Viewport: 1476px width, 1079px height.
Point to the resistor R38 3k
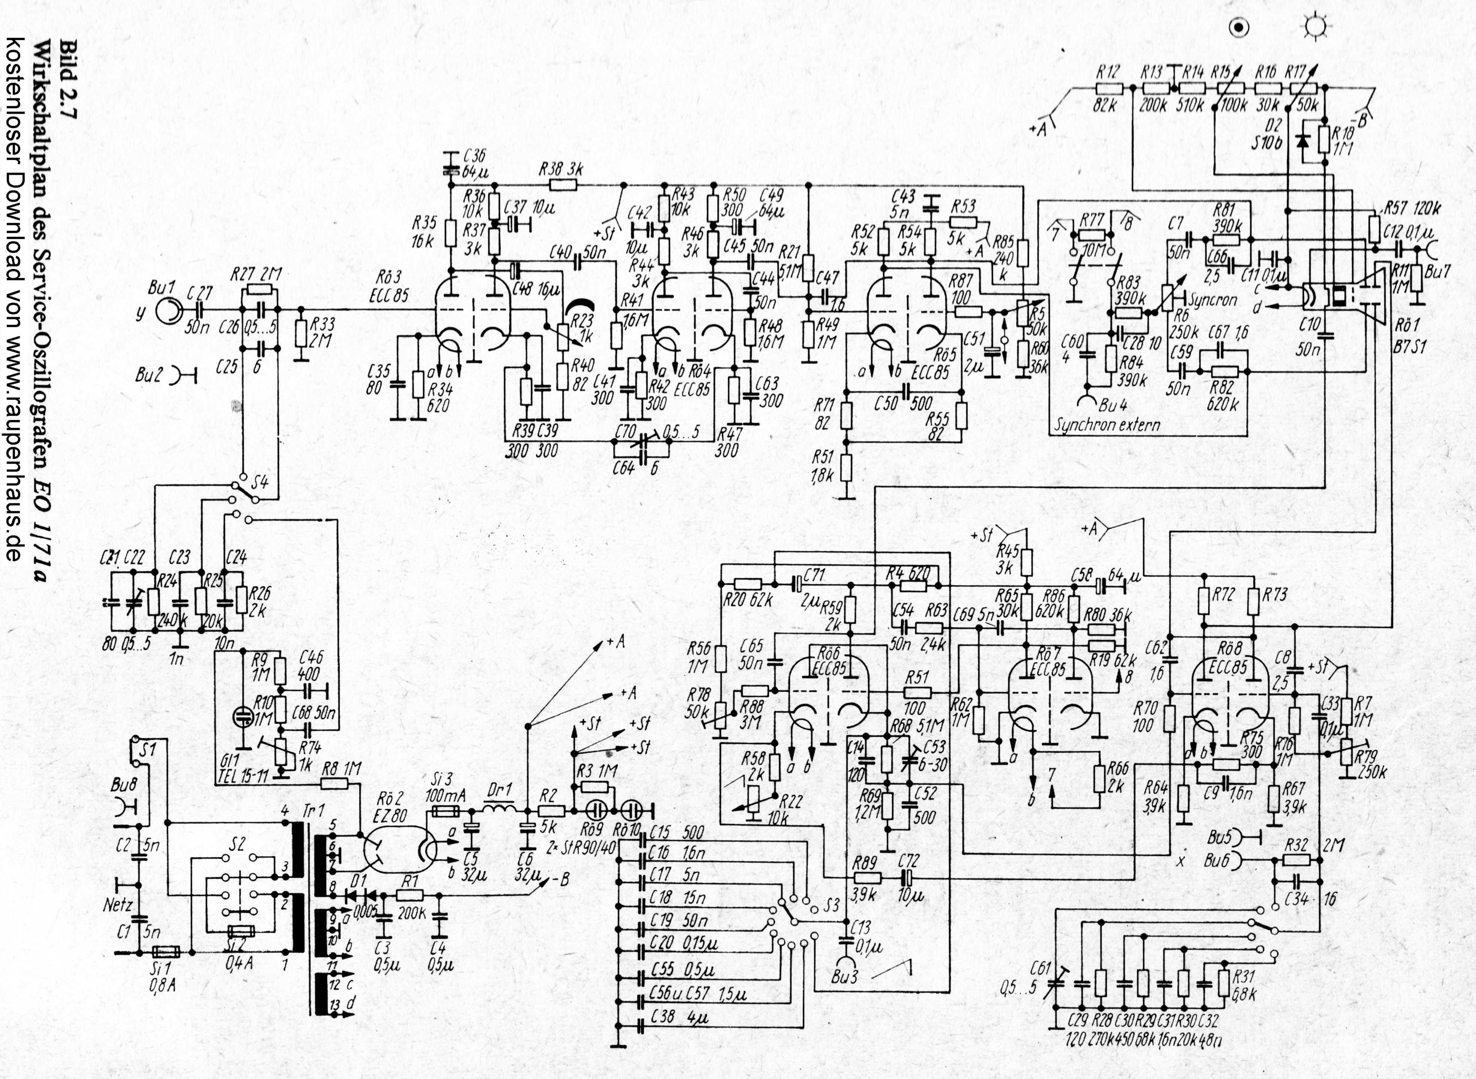563,185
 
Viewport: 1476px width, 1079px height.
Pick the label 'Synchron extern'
1108,424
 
